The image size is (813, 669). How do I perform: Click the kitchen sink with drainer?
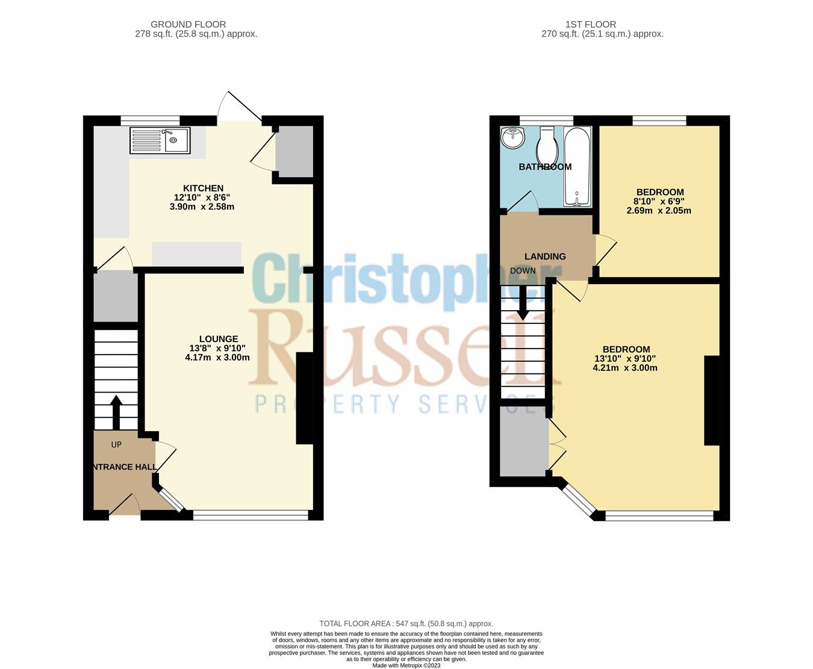click(160, 141)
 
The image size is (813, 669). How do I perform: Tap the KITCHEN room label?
click(203, 188)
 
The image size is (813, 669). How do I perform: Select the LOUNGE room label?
click(219, 339)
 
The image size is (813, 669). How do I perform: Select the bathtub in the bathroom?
click(578, 167)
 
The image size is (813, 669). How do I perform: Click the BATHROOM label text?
click(545, 167)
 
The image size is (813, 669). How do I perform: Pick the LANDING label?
click(545, 257)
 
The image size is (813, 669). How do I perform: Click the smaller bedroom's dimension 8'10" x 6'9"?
click(659, 202)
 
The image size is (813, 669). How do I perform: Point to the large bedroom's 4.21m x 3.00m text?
click(625, 367)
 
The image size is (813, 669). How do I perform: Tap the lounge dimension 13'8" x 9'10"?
click(217, 348)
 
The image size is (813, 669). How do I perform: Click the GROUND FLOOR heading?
click(188, 25)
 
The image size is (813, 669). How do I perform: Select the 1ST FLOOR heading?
click(590, 25)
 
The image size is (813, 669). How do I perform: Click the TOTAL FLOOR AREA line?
click(406, 624)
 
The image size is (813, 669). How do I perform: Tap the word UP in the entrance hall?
click(116, 444)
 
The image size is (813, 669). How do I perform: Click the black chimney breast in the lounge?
click(305, 398)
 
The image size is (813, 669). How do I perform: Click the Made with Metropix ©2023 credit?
click(406, 665)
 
